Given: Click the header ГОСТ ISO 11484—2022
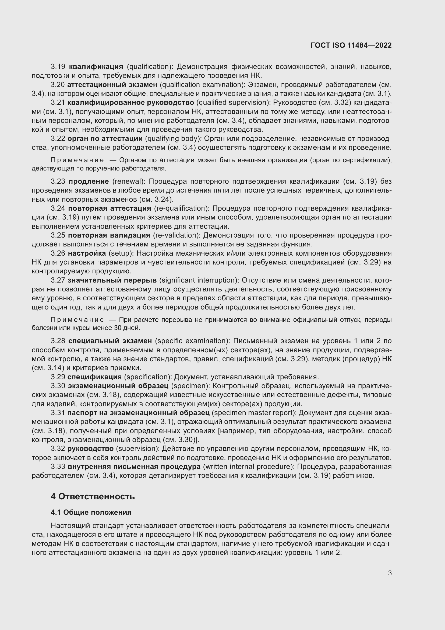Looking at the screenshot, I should point(351,45).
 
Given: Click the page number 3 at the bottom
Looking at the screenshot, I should point(390,573).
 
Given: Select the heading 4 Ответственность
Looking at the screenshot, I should point(93,496).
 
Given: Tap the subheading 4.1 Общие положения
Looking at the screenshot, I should point(91,512).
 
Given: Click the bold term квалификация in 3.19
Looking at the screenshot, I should point(96,67).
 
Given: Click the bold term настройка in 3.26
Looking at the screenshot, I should point(87,253).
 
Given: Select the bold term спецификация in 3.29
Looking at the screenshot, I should point(94,377).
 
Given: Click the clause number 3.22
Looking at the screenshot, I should point(58,138).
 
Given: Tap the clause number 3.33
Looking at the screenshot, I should point(58,467).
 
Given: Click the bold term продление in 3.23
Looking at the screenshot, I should point(89,181).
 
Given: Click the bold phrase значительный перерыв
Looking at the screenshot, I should point(112,280).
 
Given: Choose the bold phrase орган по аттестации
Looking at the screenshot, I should point(105,138).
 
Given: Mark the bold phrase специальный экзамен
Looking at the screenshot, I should point(110,341).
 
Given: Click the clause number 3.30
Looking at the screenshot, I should point(58,386).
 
